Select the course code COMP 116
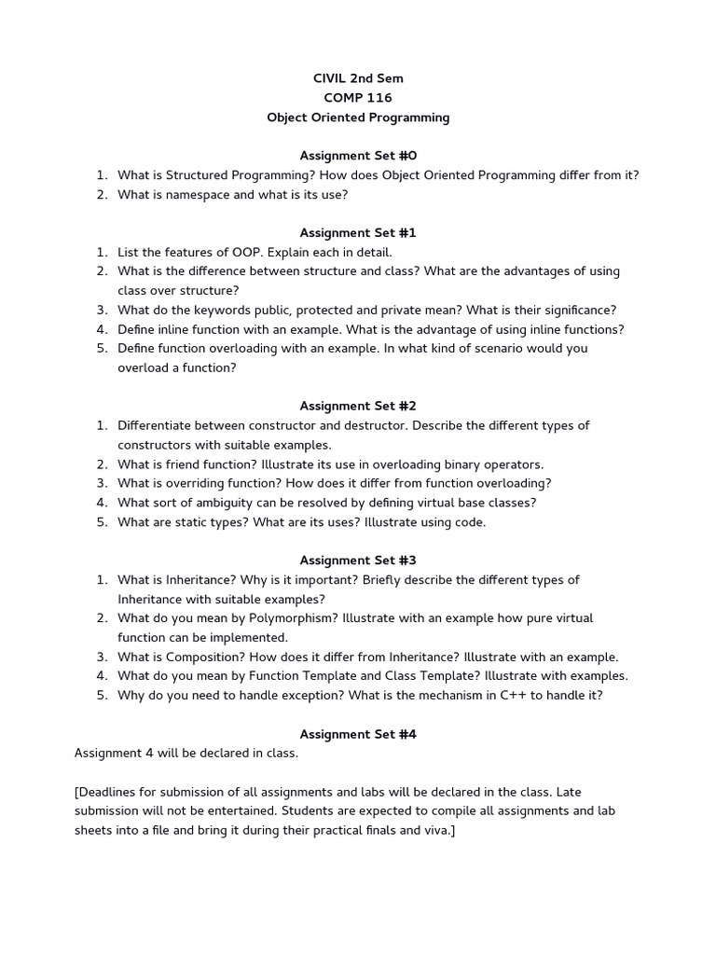pyautogui.click(x=357, y=98)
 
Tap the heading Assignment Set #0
pyautogui.click(x=357, y=156)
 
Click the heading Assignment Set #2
pyautogui.click(x=357, y=406)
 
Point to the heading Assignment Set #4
pyautogui.click(x=357, y=734)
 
